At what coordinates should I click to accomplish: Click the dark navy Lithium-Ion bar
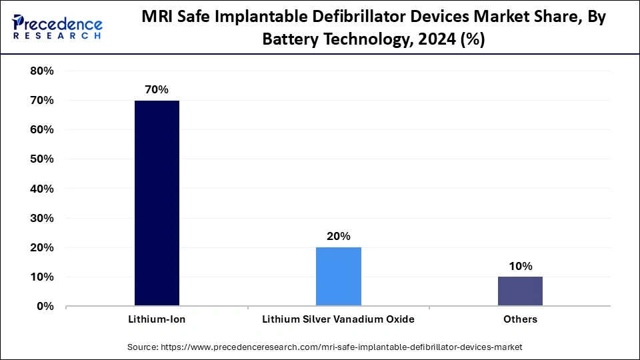pyautogui.click(x=157, y=203)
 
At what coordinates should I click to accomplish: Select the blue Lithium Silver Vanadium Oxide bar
pyautogui.click(x=338, y=277)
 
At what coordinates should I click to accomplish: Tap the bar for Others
pyautogui.click(x=520, y=291)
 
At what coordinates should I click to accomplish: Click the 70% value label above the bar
pyautogui.click(x=157, y=89)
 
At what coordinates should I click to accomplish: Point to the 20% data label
pyautogui.click(x=338, y=236)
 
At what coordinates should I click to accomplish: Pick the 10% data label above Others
pyautogui.click(x=520, y=266)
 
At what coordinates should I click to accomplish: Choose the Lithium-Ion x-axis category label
pyautogui.click(x=157, y=319)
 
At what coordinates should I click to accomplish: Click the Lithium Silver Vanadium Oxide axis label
pyautogui.click(x=338, y=319)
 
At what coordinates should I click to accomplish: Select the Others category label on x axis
pyautogui.click(x=520, y=319)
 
